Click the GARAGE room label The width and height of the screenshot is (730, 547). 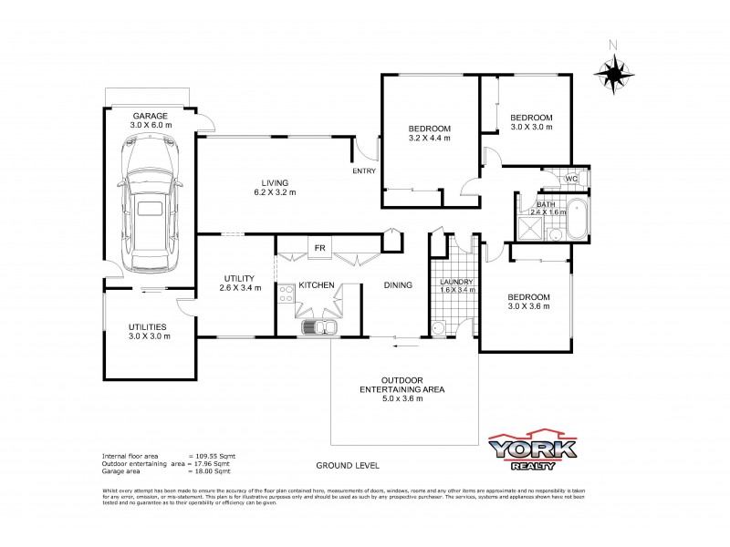pos(151,117)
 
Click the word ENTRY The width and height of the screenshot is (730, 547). pos(363,171)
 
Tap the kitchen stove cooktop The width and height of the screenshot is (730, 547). pos(285,293)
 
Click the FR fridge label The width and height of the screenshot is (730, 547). pos(319,248)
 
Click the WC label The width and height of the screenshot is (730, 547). pos(572,179)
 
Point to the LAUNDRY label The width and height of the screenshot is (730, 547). pos(456,283)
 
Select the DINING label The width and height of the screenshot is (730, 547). pos(398,285)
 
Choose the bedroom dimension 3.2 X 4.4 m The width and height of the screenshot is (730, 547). pos(429,138)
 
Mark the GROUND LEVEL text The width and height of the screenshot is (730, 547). pos(347,465)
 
